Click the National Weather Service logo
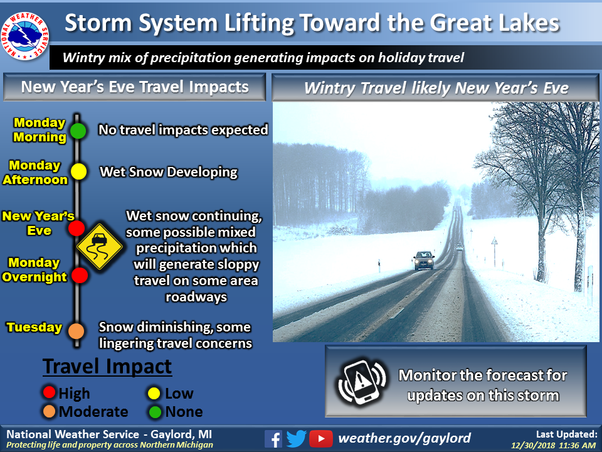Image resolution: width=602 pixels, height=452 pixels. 24,36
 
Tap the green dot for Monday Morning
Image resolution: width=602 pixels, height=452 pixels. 78,131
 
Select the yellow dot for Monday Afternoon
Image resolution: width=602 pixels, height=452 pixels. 78,171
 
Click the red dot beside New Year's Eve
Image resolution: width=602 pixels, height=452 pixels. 77,229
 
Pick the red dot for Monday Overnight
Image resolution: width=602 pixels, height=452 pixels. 80,275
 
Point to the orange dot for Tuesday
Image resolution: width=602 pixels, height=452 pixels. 76,331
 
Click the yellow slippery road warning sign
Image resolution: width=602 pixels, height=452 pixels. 100,246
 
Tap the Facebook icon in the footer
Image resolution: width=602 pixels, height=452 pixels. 273,439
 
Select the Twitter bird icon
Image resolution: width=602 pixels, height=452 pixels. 296,439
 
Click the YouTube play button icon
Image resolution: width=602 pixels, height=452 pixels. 320,439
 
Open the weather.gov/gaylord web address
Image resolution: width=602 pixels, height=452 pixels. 404,438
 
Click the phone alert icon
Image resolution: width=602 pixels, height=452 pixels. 362,382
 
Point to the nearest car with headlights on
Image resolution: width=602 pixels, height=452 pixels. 424,260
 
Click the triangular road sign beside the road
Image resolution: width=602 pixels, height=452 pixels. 495,242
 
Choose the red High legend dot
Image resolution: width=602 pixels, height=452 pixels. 49,392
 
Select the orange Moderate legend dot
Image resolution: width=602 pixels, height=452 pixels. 49,411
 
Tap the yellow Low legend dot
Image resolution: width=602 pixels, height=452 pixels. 154,393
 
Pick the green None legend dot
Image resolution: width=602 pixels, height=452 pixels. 155,412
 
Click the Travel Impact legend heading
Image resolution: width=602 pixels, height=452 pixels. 107,366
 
